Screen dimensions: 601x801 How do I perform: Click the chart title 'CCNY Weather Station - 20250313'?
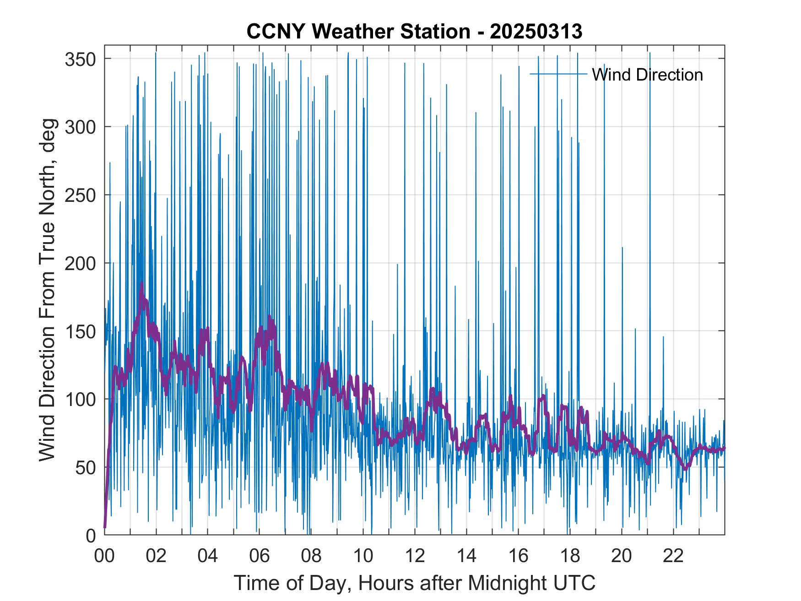point(414,32)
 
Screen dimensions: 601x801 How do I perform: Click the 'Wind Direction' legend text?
point(647,75)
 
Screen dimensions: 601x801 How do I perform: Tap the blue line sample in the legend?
point(558,74)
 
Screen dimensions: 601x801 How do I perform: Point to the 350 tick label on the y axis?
point(80,59)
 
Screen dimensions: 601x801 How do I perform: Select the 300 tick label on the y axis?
point(80,127)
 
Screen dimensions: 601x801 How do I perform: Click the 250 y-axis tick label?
point(80,195)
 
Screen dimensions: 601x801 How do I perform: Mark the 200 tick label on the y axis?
point(80,263)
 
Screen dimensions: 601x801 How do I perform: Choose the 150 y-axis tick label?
point(80,331)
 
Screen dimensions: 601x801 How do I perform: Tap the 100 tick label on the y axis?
point(80,399)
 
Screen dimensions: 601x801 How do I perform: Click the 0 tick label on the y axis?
point(91,535)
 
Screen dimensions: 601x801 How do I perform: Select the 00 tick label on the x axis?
point(104,556)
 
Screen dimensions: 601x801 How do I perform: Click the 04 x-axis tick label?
point(208,556)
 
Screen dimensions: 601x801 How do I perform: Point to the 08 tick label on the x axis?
point(311,556)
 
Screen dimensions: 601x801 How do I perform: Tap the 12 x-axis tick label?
point(415,556)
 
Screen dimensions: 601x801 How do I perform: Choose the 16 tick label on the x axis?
point(518,556)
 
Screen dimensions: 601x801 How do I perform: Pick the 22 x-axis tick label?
point(673,556)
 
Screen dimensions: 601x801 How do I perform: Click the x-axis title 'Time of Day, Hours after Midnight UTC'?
point(414,583)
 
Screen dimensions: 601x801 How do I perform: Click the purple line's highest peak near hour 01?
point(142,283)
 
